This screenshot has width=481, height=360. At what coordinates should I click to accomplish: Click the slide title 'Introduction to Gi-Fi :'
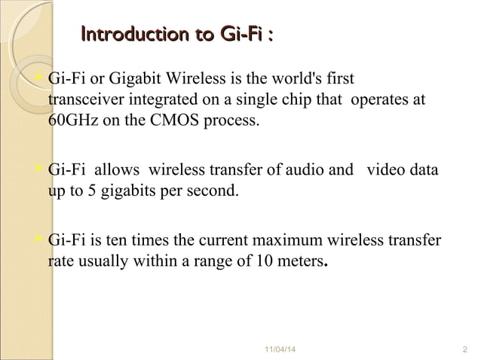176,35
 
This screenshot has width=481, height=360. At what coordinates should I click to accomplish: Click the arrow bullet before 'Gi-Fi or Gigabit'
41,78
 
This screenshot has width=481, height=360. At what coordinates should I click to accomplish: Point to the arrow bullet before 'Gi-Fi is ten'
41,241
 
